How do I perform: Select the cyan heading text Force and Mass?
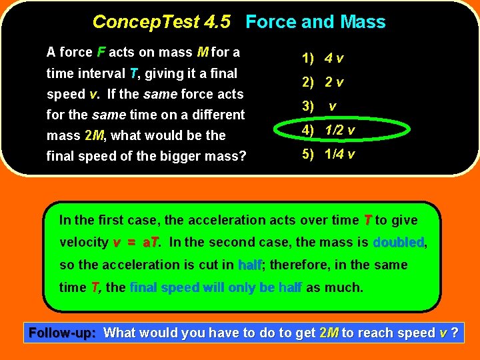coord(315,22)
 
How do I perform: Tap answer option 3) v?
coord(320,107)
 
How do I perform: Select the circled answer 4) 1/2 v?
coord(328,130)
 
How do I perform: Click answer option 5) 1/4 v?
coord(328,155)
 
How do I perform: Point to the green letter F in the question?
coord(101,52)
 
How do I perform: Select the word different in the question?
coord(218,115)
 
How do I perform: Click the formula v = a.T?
coord(137,243)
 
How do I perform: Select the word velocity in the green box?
coord(83,243)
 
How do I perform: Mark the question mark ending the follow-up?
coord(455,333)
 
